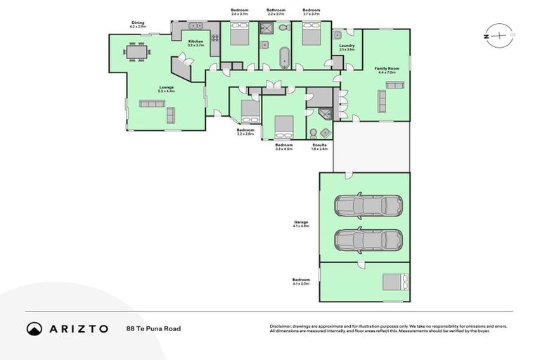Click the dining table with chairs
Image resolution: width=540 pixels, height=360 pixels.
pyautogui.click(x=136, y=51)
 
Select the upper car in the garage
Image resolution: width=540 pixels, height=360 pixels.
pyautogui.click(x=368, y=206)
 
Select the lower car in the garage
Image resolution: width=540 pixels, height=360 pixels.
pyautogui.click(x=368, y=240)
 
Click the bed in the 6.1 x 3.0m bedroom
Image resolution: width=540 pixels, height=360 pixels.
pyautogui.click(x=393, y=282)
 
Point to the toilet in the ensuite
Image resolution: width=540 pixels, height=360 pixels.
pyautogui.click(x=313, y=133)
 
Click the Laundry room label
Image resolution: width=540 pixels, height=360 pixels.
pyautogui.click(x=347, y=46)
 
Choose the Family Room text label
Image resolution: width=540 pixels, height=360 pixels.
pyautogui.click(x=387, y=68)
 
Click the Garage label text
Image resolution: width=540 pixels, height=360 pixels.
pyautogui.click(x=301, y=222)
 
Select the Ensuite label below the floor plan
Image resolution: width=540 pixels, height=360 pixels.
pyautogui.click(x=319, y=146)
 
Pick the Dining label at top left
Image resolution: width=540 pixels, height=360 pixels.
pyautogui.click(x=137, y=22)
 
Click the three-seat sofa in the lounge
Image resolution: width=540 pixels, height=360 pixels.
pyautogui.click(x=151, y=103)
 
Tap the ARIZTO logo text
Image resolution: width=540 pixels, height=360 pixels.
pyautogui.click(x=78, y=328)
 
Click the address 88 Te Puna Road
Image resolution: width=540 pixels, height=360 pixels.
pyautogui.click(x=153, y=328)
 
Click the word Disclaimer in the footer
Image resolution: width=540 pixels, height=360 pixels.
pyautogui.click(x=283, y=326)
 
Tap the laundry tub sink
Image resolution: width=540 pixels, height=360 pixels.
pyautogui.click(x=337, y=34)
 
